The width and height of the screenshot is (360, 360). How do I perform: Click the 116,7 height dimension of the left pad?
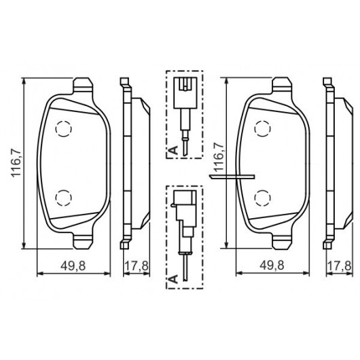click(x=16, y=163)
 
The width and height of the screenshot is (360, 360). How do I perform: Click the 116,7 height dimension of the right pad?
click(x=219, y=157)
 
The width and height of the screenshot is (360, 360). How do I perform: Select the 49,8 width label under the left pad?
click(x=73, y=266)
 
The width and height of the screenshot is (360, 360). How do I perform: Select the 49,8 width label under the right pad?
click(x=272, y=266)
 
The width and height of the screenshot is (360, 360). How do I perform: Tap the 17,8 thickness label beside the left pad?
click(x=137, y=266)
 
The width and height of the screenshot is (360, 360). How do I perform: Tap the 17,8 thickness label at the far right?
click(x=339, y=266)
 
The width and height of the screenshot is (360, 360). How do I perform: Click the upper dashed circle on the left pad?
click(x=64, y=128)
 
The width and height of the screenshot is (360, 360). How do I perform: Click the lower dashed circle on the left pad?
click(x=64, y=198)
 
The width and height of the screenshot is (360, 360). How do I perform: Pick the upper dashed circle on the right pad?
click(x=262, y=128)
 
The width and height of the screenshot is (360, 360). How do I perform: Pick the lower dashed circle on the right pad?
click(x=262, y=198)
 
